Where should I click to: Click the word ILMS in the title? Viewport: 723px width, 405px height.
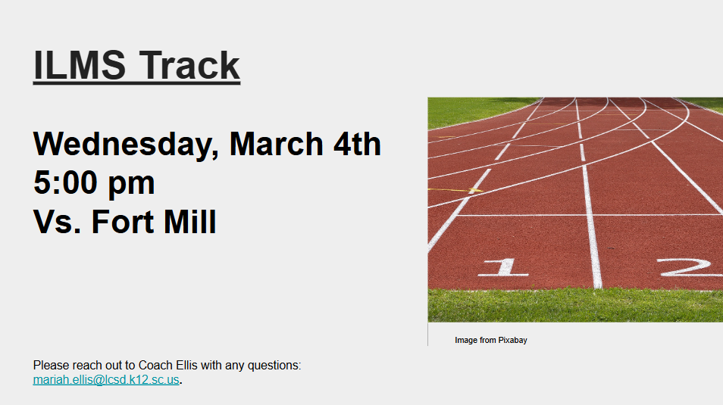pos(80,65)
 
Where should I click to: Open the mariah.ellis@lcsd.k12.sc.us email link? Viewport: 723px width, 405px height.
pos(106,380)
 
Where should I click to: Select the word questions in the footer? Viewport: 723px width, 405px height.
pos(275,366)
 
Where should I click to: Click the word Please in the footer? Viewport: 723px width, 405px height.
pos(50,366)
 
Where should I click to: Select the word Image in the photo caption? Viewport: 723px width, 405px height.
pos(465,341)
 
